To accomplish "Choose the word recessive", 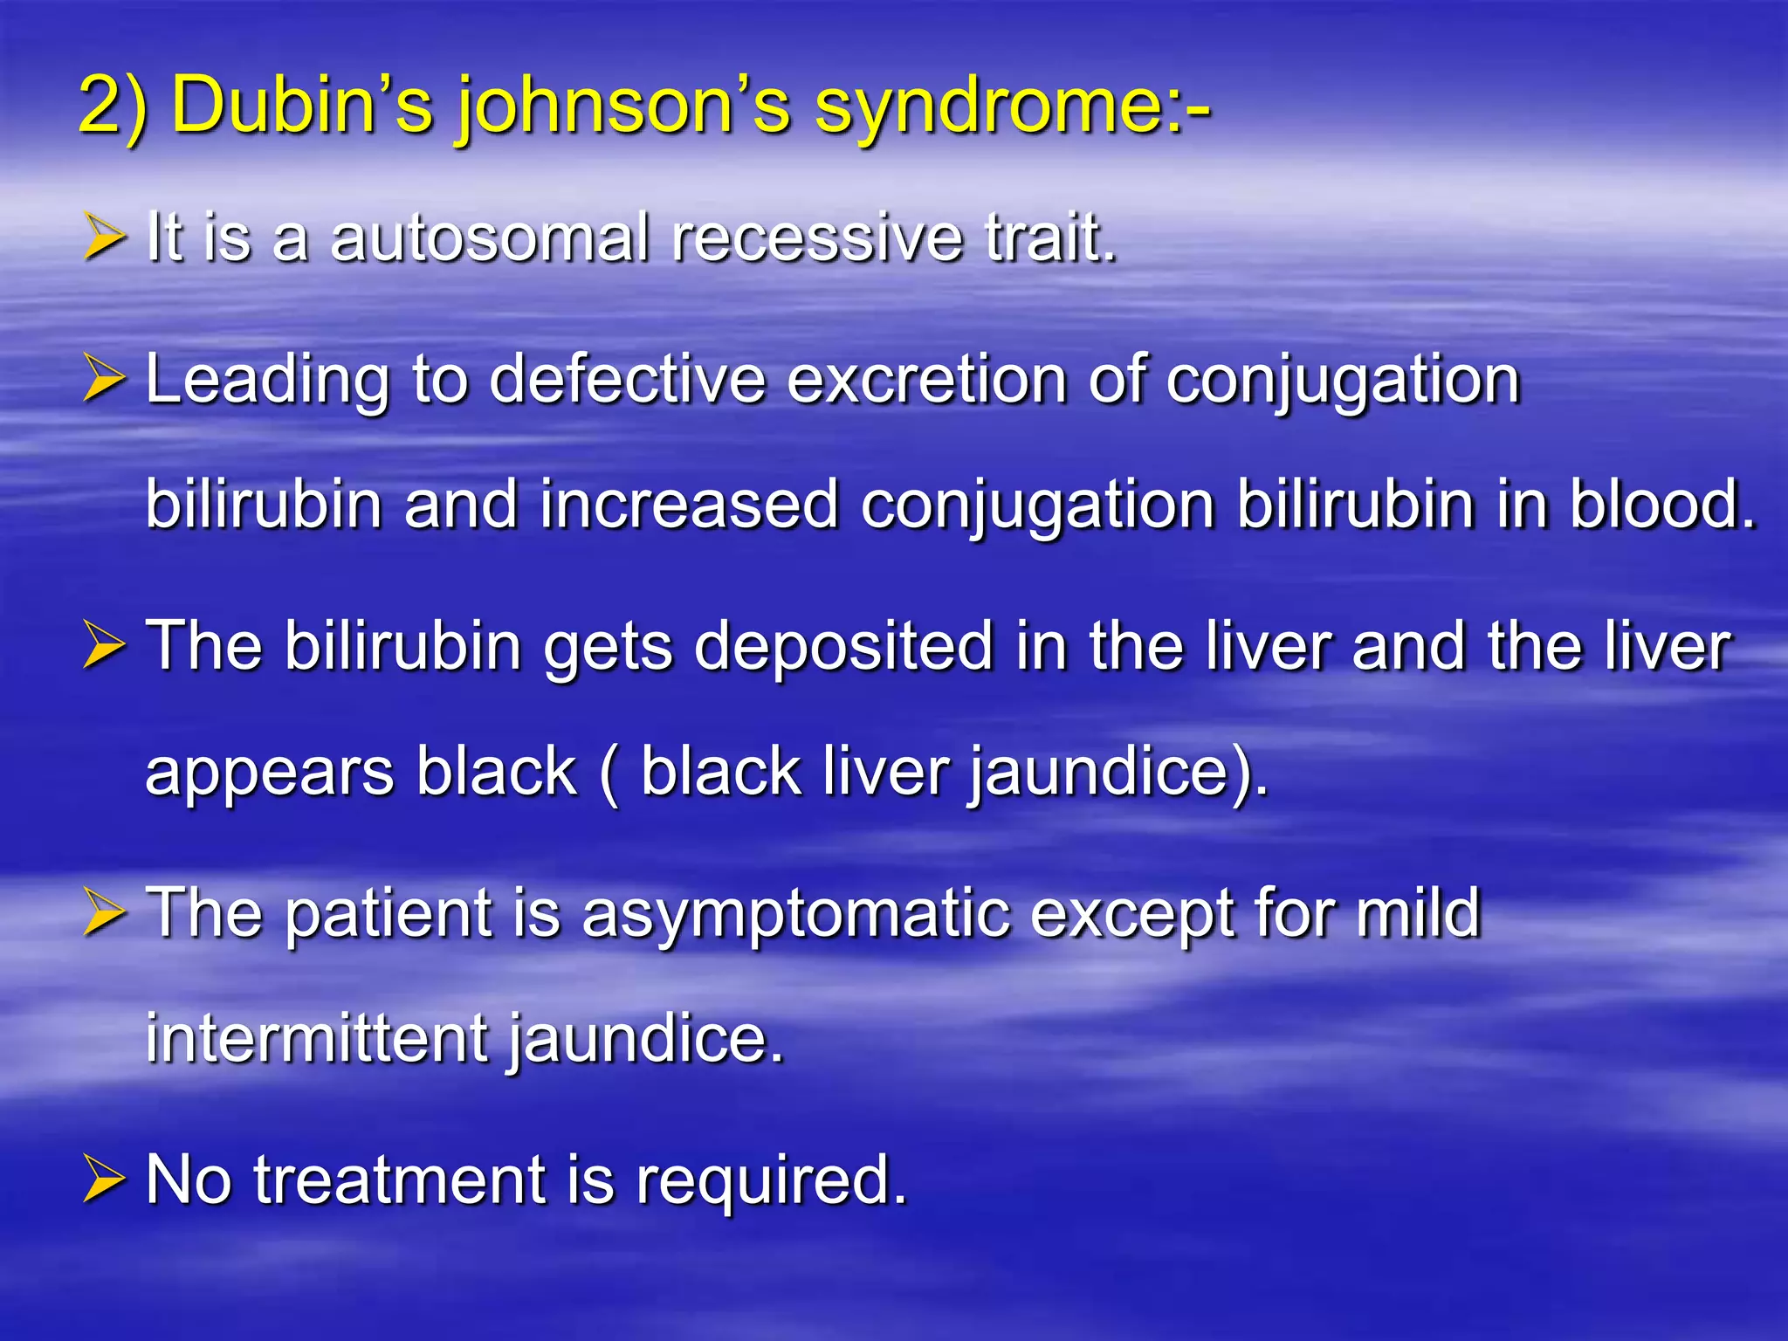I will pyautogui.click(x=817, y=237).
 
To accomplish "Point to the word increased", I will pyautogui.click(x=689, y=505).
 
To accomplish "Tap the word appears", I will pyautogui.click(x=270, y=774).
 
